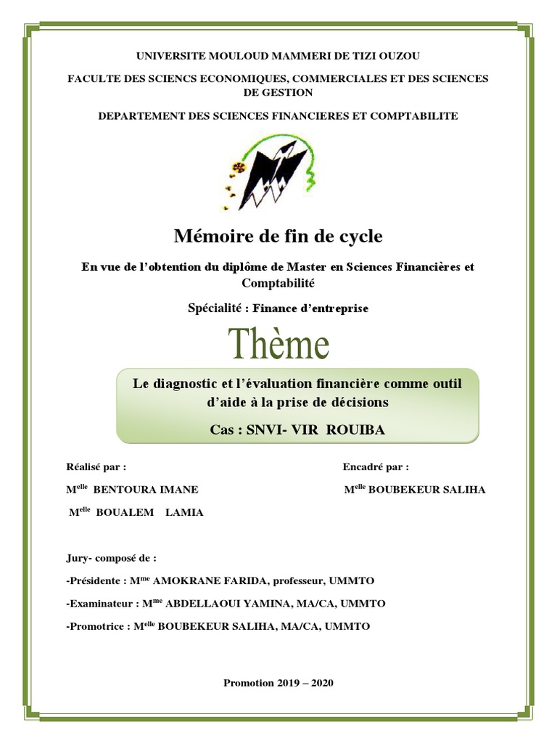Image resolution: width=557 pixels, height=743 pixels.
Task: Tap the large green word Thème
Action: click(x=279, y=345)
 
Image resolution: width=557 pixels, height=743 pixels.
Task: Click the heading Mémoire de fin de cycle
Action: click(x=278, y=236)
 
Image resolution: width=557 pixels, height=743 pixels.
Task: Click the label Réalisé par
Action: click(x=95, y=467)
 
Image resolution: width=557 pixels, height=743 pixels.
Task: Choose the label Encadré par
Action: click(x=375, y=467)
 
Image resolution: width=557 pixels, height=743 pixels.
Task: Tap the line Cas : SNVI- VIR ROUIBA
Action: click(x=297, y=430)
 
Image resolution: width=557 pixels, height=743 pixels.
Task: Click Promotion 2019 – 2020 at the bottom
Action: click(x=278, y=683)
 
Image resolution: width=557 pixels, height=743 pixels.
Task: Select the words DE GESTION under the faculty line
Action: click(x=278, y=92)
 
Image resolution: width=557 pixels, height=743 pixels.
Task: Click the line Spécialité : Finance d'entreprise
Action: click(x=278, y=308)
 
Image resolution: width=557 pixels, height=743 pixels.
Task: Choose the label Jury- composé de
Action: click(x=110, y=559)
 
